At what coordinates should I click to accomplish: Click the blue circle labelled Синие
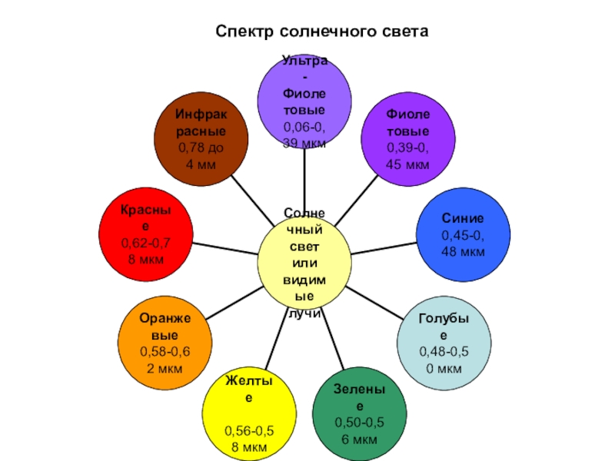click(x=463, y=238)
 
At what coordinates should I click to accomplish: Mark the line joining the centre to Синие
click(x=384, y=247)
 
